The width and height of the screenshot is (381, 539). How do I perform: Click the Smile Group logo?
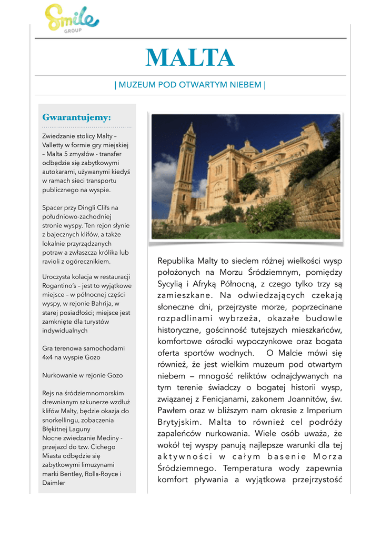[x=72, y=19]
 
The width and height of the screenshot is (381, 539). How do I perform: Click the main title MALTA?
[x=190, y=58]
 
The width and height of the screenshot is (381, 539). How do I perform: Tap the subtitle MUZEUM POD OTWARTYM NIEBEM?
[x=190, y=85]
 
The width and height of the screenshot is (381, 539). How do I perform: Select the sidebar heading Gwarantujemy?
[x=76, y=117]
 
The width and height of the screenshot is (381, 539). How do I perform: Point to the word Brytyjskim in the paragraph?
[x=180, y=422]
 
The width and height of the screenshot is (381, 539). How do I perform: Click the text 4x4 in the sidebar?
[x=48, y=357]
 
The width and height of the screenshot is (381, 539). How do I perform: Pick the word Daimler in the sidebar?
[x=54, y=483]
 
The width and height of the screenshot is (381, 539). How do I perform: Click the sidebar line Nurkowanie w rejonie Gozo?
[x=82, y=375]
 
